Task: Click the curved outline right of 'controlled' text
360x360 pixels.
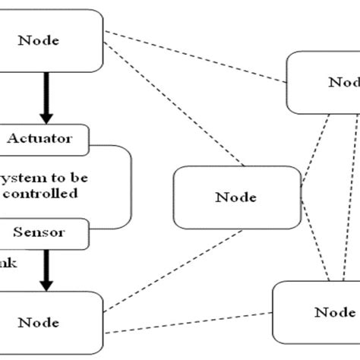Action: [131, 186]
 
